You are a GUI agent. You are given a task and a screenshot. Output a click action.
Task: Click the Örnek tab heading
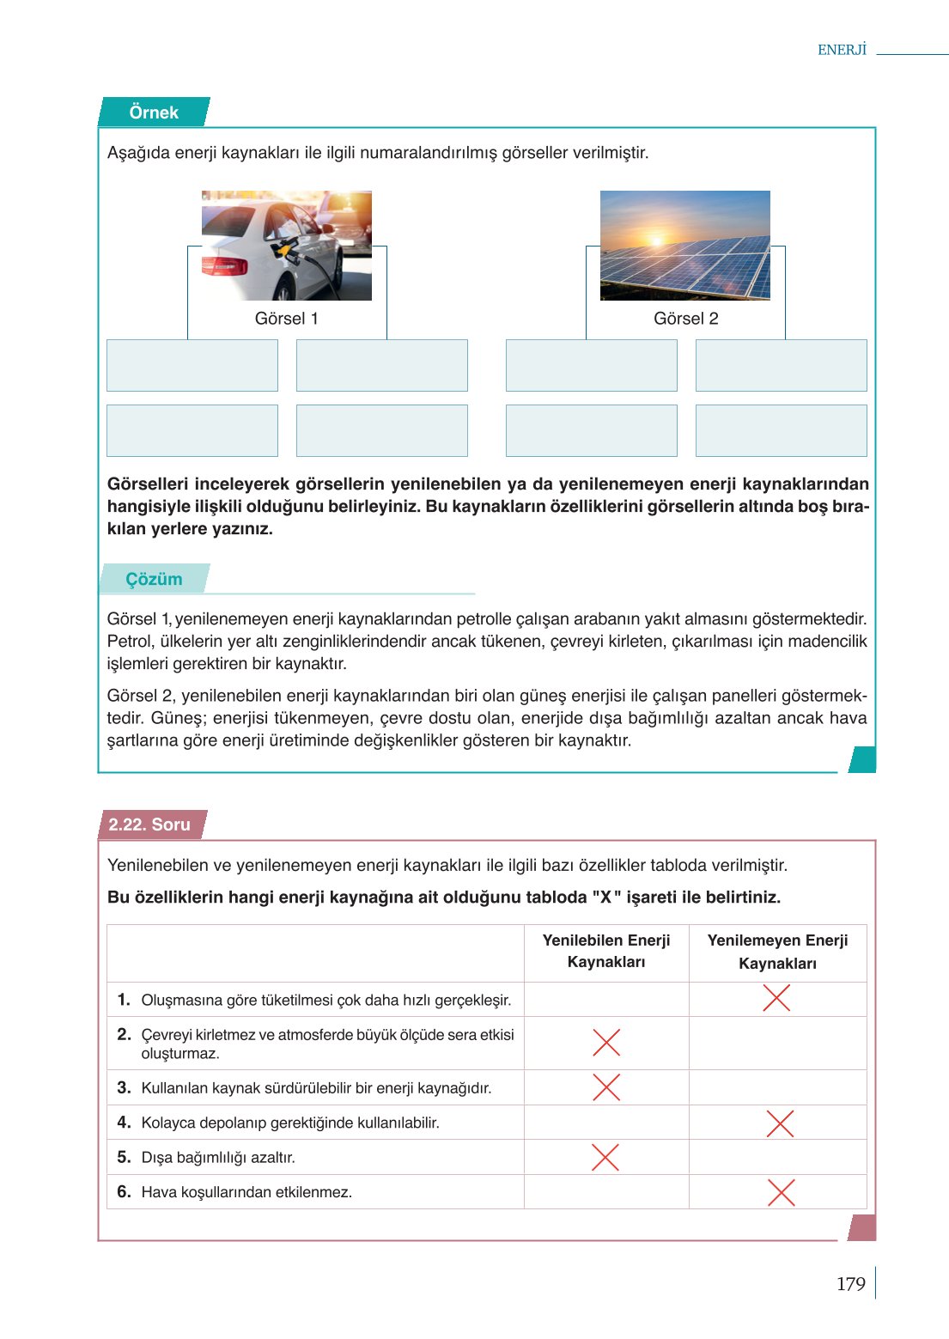point(154,113)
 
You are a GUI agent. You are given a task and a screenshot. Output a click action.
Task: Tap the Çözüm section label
point(154,579)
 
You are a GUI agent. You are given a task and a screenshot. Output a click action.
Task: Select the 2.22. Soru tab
point(149,825)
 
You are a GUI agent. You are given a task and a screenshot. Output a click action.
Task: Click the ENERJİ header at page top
point(842,50)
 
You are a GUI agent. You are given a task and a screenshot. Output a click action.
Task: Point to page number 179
point(850,1284)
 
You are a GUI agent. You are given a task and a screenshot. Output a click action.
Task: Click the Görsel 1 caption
point(286,319)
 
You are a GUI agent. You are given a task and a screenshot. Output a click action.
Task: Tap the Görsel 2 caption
point(685,319)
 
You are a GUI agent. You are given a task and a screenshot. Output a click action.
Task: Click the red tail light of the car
point(224,265)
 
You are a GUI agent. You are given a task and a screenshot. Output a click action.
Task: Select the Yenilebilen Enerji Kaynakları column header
point(606,952)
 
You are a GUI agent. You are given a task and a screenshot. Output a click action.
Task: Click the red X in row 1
point(776,998)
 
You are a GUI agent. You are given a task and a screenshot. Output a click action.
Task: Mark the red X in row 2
point(606,1043)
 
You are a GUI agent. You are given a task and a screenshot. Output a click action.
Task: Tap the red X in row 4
point(779,1123)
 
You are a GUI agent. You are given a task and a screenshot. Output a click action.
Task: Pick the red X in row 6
point(781,1192)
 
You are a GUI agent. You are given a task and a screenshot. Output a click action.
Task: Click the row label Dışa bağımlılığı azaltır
point(218,1158)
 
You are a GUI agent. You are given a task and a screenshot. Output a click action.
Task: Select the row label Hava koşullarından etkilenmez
point(246,1192)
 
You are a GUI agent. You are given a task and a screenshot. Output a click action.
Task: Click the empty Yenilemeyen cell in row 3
point(777,1087)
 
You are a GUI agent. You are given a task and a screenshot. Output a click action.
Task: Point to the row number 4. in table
point(124,1123)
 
